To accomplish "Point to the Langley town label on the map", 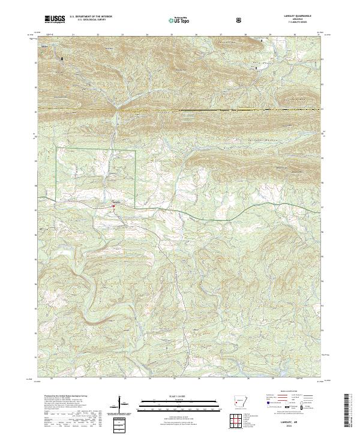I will coord(117,202).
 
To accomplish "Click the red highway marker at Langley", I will coord(112,208).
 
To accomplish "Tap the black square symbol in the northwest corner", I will coord(61,58).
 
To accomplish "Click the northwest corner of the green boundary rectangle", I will coord(57,148).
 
